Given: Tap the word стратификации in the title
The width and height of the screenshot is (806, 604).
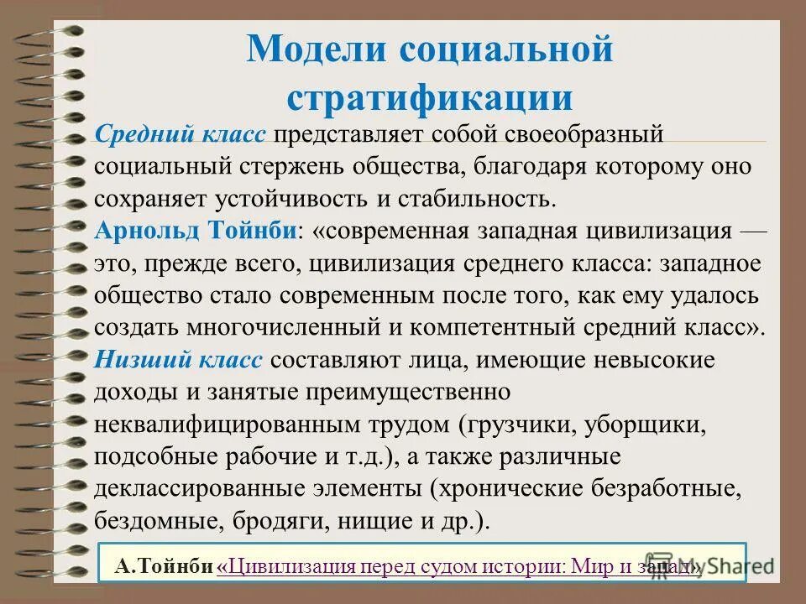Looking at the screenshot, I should (429, 97).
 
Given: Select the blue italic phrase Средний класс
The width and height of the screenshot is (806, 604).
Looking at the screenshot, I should (181, 135).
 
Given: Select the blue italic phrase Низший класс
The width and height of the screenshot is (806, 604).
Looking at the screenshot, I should (179, 360).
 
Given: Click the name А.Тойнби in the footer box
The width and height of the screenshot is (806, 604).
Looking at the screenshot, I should (165, 567).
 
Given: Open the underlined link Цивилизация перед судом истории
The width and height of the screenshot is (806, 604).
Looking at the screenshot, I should (395, 567).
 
